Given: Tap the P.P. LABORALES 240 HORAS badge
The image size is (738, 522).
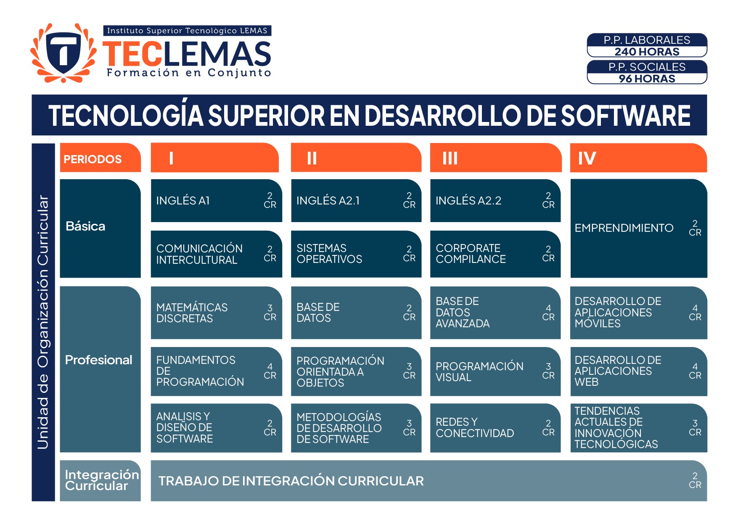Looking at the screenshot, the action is (647, 45).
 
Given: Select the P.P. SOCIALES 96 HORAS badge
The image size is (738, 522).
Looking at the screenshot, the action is (647, 72).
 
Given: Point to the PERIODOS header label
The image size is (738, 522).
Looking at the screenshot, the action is (93, 159).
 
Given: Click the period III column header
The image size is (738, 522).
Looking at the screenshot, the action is (496, 158).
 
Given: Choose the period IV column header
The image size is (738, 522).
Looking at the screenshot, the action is (638, 158).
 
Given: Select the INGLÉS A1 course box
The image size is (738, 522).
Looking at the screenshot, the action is (216, 201).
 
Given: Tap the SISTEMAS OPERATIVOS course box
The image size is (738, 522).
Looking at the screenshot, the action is (356, 254).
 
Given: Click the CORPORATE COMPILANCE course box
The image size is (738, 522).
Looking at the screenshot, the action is (495, 254).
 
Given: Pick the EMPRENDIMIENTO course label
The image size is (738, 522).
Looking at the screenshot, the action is (624, 228).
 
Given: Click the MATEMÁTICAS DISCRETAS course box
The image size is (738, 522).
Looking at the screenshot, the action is (216, 313).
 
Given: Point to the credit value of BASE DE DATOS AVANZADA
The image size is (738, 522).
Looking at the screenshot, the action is (548, 313).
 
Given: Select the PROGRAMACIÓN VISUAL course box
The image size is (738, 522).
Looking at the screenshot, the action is (495, 371).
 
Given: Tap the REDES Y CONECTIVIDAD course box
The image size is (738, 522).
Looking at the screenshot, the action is (495, 428).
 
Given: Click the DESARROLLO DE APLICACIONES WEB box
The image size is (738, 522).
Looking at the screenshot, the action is (639, 371).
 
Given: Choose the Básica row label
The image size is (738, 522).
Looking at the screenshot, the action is (85, 226).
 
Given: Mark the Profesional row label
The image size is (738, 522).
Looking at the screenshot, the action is (99, 360).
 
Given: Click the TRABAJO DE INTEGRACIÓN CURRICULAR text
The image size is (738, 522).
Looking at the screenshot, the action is (291, 481).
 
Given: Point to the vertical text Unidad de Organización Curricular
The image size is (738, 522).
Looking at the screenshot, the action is (43, 322).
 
